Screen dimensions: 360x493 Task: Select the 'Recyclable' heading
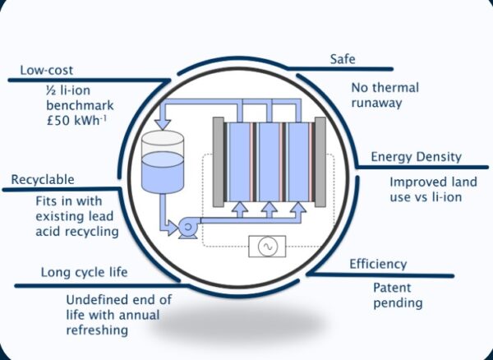tap(42, 180)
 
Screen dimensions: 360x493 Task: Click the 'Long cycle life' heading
tap(84, 272)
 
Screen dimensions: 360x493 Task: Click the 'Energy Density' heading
tap(416, 157)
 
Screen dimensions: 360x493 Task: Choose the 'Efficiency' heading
tap(378, 264)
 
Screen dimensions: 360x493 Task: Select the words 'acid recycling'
tap(77, 232)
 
